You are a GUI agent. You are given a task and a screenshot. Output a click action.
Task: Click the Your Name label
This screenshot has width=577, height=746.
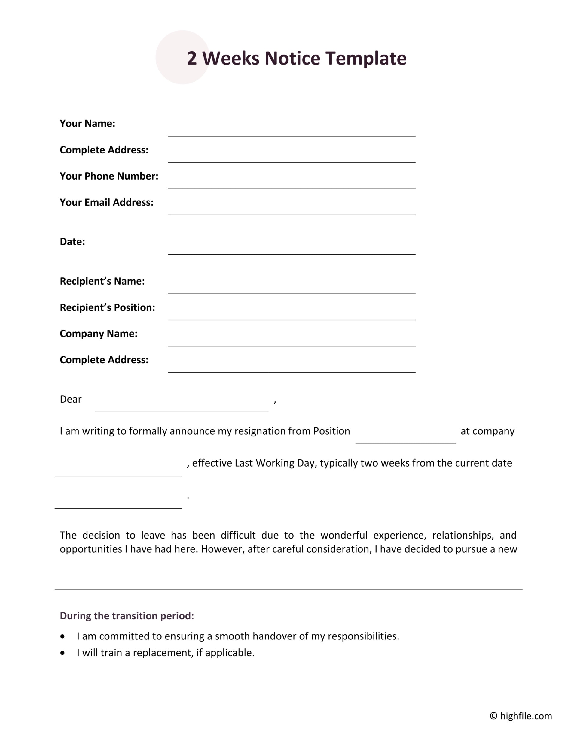click(87, 123)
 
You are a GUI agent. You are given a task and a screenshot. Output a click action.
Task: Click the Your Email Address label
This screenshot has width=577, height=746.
click(106, 202)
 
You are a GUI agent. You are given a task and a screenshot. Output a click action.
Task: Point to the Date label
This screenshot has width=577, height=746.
click(72, 241)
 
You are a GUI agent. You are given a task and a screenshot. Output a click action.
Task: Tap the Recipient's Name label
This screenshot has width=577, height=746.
click(102, 281)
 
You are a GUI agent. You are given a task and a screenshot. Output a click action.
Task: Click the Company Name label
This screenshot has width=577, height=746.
click(99, 334)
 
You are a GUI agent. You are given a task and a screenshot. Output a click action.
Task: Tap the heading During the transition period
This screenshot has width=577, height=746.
click(127, 615)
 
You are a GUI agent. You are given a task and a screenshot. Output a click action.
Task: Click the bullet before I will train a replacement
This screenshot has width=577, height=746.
click(62, 653)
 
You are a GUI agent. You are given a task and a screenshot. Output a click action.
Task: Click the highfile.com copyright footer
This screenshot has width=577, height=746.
click(520, 716)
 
